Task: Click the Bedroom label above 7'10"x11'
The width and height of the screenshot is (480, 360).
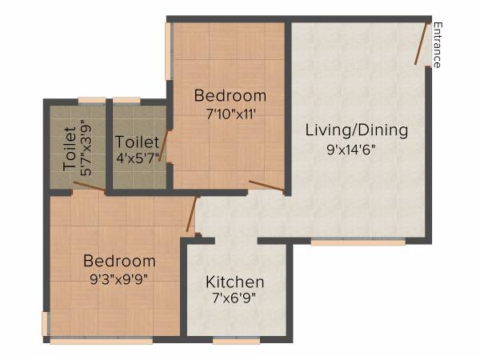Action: [x=230, y=96]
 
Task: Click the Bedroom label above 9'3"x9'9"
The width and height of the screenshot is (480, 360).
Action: [x=119, y=261]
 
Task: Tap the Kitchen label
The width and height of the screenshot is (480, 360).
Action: [x=235, y=282]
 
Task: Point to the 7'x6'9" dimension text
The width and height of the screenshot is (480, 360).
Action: [x=235, y=301]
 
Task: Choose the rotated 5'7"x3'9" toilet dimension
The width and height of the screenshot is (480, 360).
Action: [x=86, y=147]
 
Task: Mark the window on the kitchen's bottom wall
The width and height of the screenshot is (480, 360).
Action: [x=236, y=340]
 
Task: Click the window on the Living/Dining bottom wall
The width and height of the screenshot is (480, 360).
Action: [x=346, y=241]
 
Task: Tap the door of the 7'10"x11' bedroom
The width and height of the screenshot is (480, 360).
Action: [x=266, y=186]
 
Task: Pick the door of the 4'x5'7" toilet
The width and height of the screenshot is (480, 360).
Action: [x=166, y=146]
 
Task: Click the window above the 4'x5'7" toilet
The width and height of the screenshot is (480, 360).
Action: [x=126, y=100]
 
